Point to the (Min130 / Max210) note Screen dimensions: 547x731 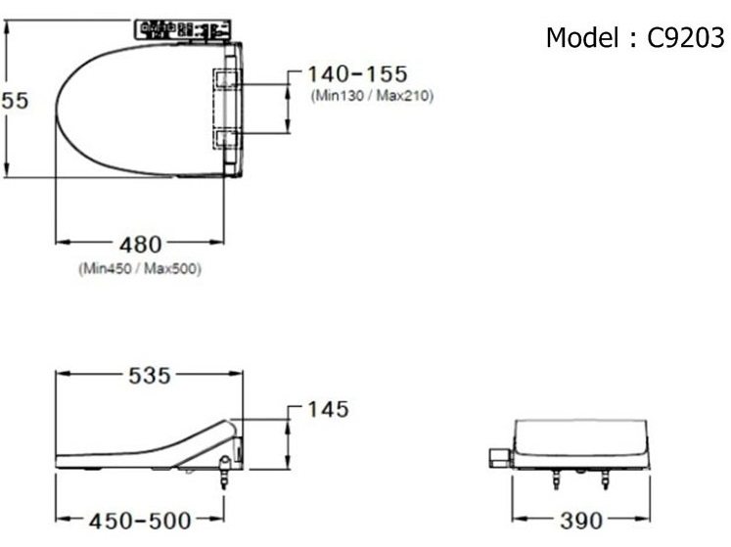[372, 96]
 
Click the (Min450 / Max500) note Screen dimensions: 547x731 [139, 269]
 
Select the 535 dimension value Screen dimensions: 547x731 [149, 376]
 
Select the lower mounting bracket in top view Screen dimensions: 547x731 [227, 139]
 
